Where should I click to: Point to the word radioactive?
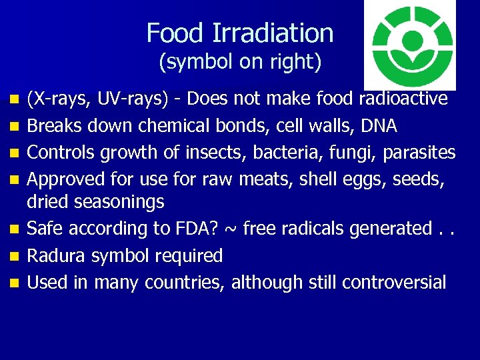(403, 99)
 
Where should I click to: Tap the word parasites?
(419, 153)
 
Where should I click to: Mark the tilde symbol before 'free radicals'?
(231, 228)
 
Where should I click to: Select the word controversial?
(394, 282)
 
